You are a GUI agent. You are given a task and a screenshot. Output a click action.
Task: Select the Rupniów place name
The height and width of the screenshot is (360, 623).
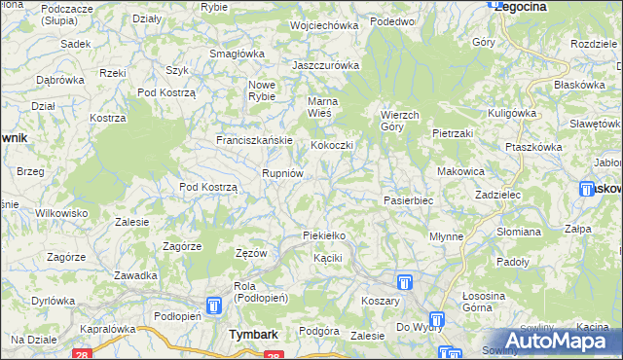(x=284, y=172)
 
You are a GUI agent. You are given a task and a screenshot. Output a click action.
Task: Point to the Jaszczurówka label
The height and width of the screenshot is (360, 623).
(x=326, y=65)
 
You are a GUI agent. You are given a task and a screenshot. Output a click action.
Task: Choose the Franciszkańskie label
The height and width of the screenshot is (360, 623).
(x=254, y=140)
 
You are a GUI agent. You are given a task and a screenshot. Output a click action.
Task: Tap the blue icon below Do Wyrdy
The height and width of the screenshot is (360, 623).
(x=437, y=319)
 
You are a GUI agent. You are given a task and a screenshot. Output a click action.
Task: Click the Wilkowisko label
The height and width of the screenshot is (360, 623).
(x=61, y=212)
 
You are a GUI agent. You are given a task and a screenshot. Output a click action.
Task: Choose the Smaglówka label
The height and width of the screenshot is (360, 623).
(x=238, y=54)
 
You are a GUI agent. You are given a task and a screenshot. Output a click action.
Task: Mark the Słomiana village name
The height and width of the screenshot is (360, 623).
(x=519, y=232)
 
